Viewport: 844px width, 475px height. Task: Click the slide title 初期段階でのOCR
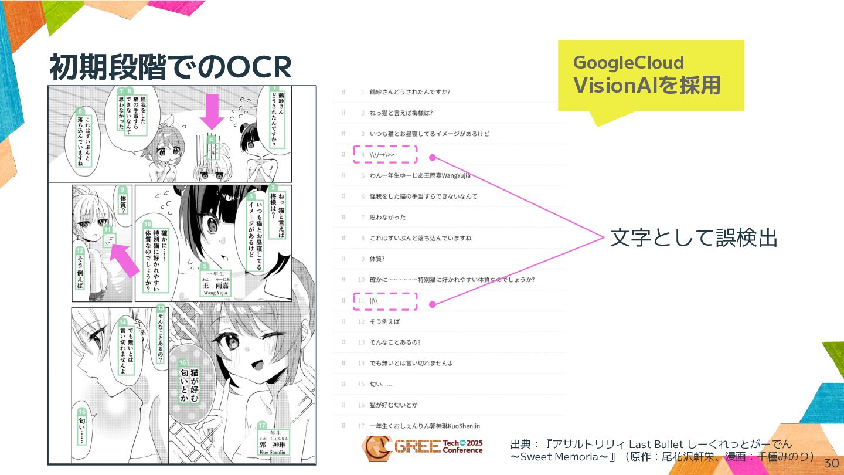pos(170,68)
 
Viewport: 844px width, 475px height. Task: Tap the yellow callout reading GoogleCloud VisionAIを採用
pos(651,75)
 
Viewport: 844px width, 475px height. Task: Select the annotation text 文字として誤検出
pos(693,238)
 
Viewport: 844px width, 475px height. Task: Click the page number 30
pos(831,463)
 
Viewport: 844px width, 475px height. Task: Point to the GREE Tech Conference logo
pos(422,448)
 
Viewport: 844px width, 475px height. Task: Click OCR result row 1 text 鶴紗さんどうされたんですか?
pos(410,92)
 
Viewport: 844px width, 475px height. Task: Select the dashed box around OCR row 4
pos(384,155)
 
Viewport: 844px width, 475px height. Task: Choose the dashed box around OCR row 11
pos(384,301)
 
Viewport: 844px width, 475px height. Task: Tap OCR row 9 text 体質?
pos(377,259)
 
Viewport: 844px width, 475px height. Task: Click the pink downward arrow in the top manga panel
pos(212,111)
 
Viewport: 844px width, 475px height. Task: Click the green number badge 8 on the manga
pos(81,111)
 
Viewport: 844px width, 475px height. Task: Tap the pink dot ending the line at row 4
pos(433,157)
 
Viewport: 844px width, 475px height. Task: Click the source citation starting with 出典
pos(662,450)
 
